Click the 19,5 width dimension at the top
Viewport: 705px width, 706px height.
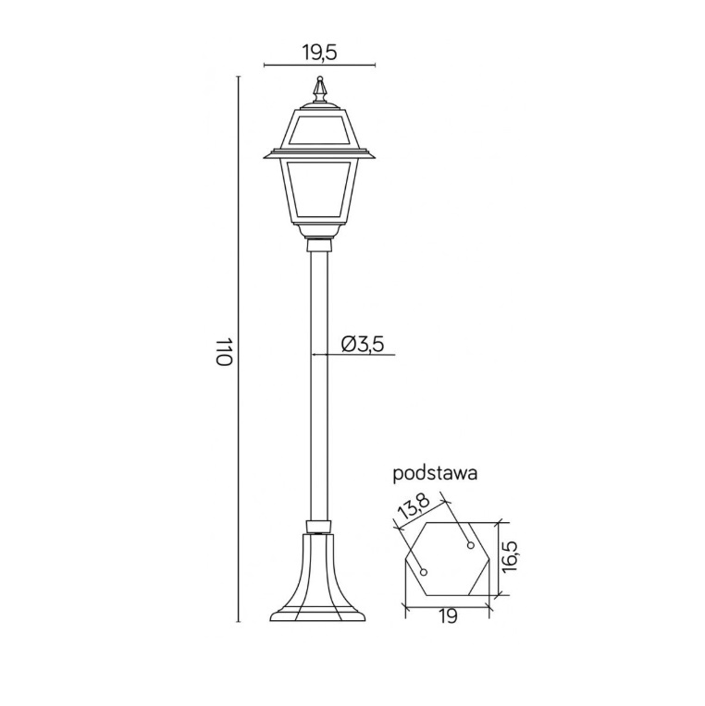[319, 52]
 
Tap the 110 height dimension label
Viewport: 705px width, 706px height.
[223, 351]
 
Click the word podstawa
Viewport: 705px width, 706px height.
[435, 474]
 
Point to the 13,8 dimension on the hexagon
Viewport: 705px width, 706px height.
[413, 509]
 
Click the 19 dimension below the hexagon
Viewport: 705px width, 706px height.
[447, 617]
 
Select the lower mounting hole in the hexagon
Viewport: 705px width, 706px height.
[424, 573]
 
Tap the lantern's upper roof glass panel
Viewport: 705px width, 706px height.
[319, 130]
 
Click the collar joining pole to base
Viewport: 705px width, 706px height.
[318, 528]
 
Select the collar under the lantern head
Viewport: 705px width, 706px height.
[319, 244]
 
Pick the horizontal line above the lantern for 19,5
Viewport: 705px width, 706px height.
[319, 66]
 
